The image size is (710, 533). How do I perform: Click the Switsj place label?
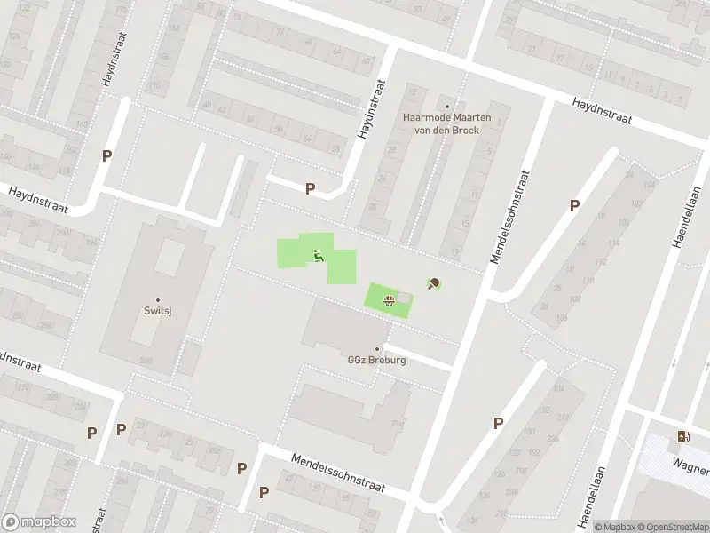158,312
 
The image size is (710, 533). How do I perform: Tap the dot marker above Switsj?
158,300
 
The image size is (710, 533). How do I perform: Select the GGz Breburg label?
376,361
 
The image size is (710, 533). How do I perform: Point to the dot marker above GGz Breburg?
377,349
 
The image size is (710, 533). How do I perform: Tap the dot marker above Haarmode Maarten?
447,106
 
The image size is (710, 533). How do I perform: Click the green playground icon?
318,257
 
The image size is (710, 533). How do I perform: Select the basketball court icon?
388,298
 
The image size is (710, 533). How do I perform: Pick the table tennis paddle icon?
434,284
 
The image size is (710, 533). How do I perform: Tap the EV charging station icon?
682,436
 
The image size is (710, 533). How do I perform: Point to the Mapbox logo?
37,522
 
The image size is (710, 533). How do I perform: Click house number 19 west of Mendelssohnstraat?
454,250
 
